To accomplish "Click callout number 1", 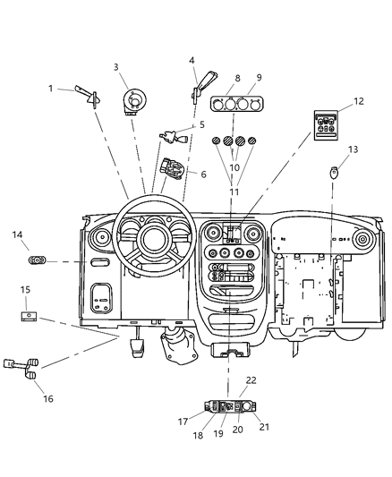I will click(x=51, y=89).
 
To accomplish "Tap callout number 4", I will click(x=192, y=61).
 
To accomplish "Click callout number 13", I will click(x=353, y=149).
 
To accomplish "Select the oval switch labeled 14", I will click(x=38, y=260).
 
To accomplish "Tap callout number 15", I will click(x=26, y=290).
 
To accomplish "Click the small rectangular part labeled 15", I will click(x=29, y=315).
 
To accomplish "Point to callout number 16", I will click(x=48, y=398).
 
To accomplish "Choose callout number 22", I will click(x=251, y=380).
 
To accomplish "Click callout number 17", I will click(x=182, y=422).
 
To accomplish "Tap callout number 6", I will click(x=203, y=174).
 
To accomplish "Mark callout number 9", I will click(x=260, y=78).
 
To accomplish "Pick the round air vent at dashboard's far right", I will click(x=363, y=241).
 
